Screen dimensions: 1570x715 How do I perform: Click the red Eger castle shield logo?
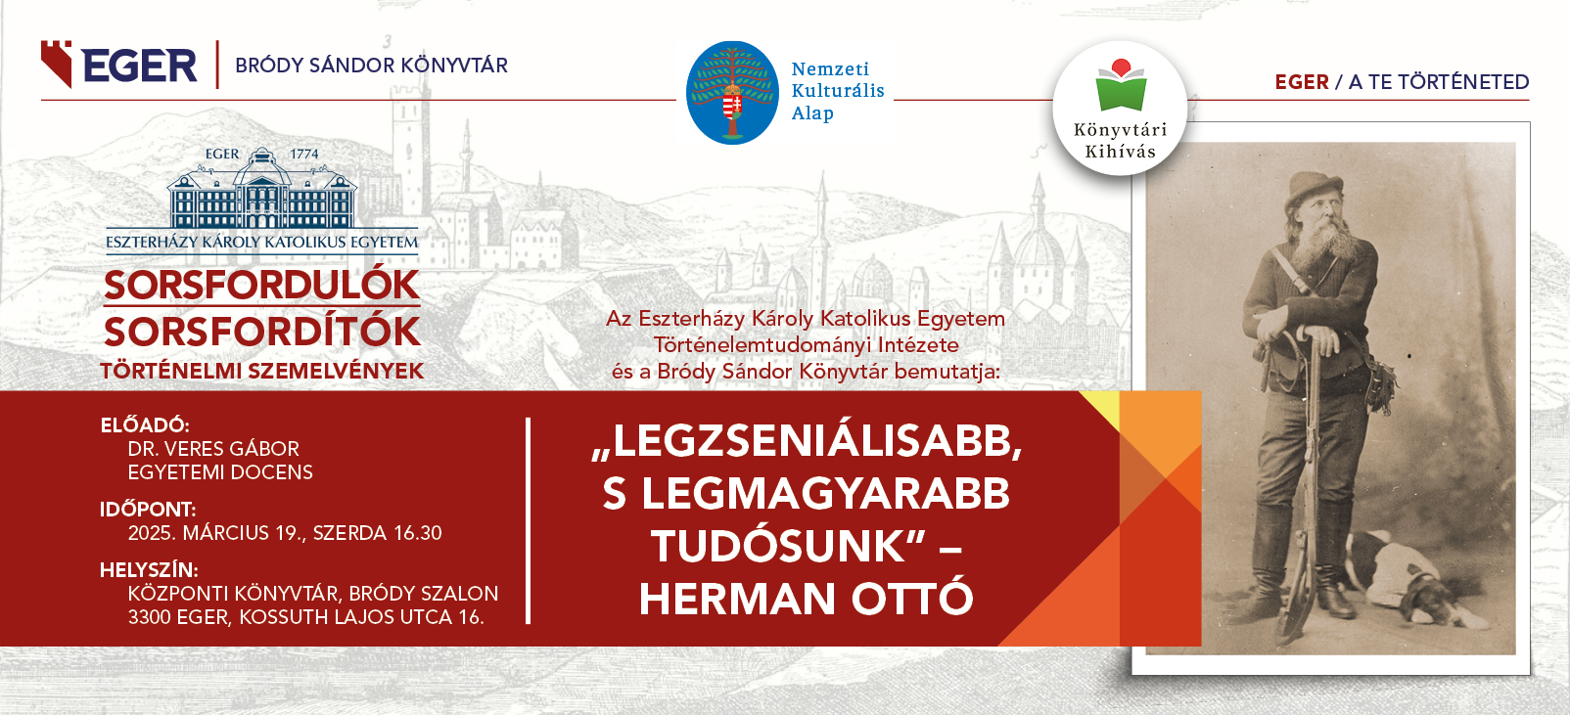tap(56, 64)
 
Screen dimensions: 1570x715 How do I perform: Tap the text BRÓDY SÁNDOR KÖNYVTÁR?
tap(372, 66)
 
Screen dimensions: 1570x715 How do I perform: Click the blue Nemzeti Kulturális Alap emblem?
tap(732, 93)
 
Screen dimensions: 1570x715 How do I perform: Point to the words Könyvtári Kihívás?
tap(1121, 140)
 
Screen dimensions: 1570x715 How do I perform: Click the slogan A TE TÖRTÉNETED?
tap(1439, 82)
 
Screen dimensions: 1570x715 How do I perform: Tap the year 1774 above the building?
tap(304, 155)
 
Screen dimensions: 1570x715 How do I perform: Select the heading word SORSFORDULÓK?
tap(262, 285)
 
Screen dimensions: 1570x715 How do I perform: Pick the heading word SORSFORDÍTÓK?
tap(262, 332)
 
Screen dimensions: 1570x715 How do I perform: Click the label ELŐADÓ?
tap(145, 425)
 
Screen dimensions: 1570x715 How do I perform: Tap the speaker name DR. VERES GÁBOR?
tap(213, 449)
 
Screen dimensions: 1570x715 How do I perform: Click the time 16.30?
tap(418, 533)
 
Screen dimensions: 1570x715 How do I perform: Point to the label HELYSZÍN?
tap(150, 570)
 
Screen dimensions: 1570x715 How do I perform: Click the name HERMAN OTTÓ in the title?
tap(806, 598)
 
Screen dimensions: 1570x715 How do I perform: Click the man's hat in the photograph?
tap(1315, 186)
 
